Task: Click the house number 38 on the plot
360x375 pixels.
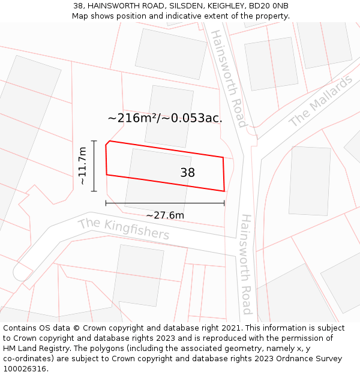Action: tap(187, 173)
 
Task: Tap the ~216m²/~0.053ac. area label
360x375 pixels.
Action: tap(165, 118)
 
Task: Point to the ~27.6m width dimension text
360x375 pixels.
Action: tap(165, 215)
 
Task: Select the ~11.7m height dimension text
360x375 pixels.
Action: tap(82, 166)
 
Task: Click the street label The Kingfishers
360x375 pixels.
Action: tap(124, 228)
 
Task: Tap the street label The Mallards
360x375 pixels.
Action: tap(320, 101)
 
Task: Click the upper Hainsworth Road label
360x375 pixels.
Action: tap(228, 78)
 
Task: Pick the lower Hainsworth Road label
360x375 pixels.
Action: tap(246, 264)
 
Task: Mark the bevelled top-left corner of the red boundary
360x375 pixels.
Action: tap(107, 143)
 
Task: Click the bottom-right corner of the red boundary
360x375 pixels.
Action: tap(224, 191)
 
